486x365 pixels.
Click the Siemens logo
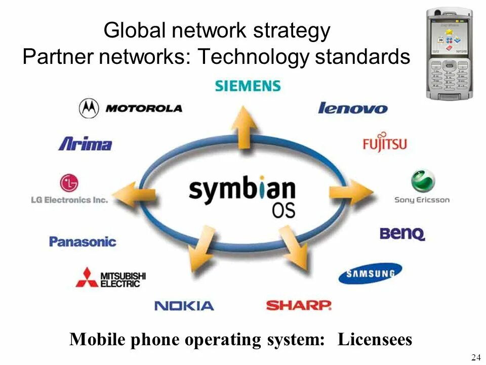[x=248, y=85]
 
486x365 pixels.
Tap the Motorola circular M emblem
[x=89, y=108]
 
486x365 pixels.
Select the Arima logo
[x=85, y=143]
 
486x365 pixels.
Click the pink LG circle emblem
[x=69, y=182]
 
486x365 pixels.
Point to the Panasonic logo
[x=83, y=241]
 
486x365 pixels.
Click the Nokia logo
[x=184, y=306]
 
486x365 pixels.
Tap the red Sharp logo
[x=299, y=305]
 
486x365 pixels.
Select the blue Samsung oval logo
[x=370, y=274]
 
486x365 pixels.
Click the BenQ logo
[x=402, y=234]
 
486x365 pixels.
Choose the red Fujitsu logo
[x=385, y=143]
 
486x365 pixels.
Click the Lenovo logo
[x=352, y=108]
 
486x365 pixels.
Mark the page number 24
[x=475, y=358]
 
